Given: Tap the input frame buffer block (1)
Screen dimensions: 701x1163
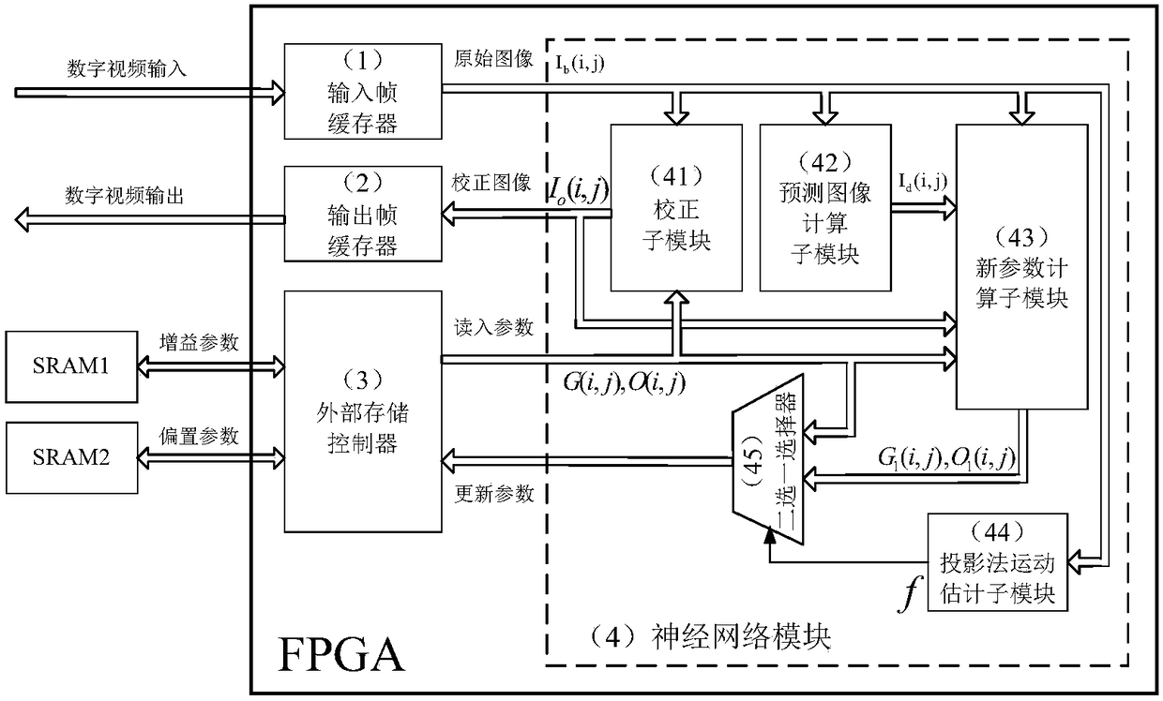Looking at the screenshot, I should (x=361, y=92).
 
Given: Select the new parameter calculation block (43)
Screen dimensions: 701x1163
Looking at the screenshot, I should (x=1021, y=266).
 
